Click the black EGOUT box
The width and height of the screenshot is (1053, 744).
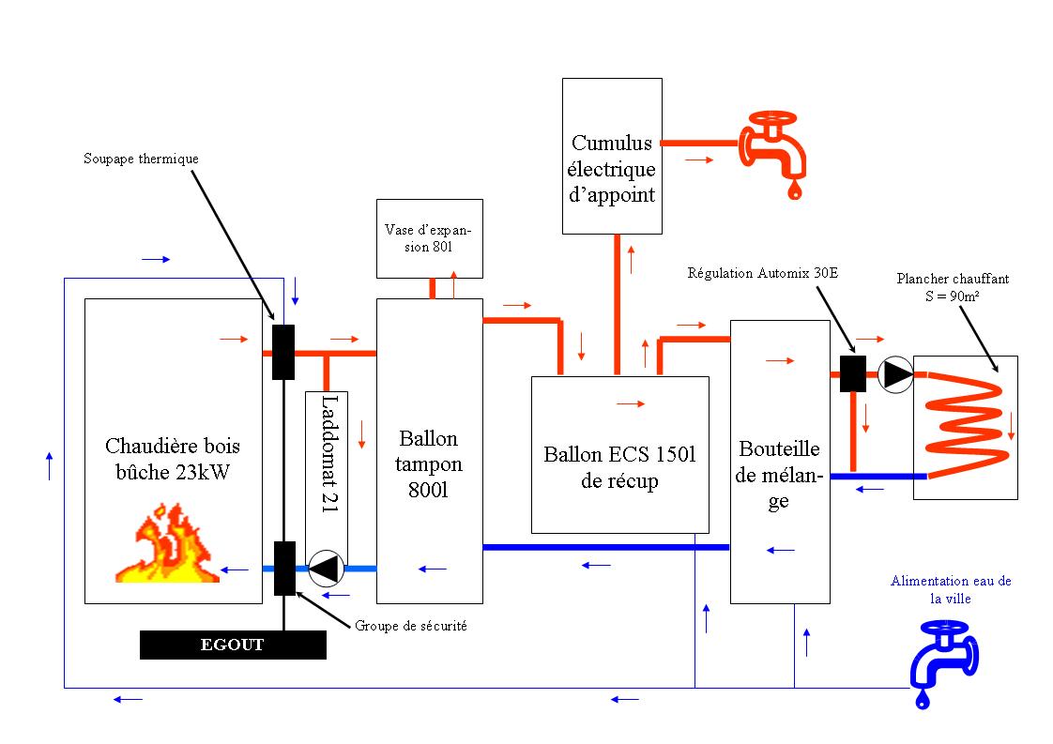tap(233, 645)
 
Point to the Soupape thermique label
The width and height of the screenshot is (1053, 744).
tap(141, 159)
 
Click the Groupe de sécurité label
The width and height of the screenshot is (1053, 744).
tap(411, 626)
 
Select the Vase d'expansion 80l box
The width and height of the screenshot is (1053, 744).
tap(430, 238)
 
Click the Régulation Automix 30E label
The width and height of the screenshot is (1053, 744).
tap(762, 273)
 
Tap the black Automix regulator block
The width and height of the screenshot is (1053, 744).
tap(852, 373)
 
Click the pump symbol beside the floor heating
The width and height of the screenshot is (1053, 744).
tap(896, 374)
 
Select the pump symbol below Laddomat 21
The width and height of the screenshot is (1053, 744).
tap(327, 568)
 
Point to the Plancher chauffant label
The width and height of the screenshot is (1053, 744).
tap(953, 287)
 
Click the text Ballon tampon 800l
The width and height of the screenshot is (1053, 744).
tap(428, 463)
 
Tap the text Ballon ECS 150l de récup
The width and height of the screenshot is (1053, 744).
tap(619, 467)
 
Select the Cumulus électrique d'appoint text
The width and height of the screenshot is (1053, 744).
tap(613, 169)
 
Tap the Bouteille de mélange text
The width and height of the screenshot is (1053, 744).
tap(779, 475)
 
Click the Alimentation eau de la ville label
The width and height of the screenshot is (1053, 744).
tap(951, 588)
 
